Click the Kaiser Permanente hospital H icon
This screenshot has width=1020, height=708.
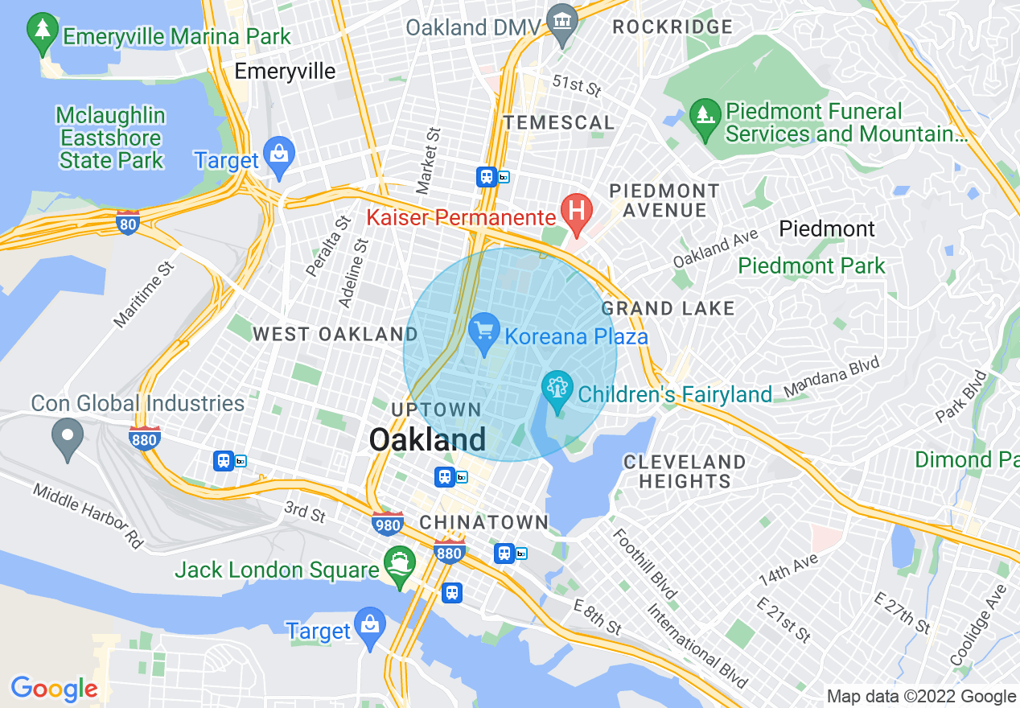click(576, 211)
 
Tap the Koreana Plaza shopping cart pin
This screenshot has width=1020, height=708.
click(484, 332)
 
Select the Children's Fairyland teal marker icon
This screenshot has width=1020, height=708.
click(557, 389)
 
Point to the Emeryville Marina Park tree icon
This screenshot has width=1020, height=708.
click(41, 32)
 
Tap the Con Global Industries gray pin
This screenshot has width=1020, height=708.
click(68, 438)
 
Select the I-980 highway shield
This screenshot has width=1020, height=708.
click(388, 523)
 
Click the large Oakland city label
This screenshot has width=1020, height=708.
click(427, 439)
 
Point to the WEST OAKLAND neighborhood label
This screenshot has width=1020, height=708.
click(335, 334)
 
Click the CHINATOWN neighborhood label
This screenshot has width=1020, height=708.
click(483, 522)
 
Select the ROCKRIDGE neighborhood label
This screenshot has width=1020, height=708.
click(672, 27)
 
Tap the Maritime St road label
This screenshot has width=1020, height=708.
click(143, 294)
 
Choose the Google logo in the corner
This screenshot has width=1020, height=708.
click(54, 689)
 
